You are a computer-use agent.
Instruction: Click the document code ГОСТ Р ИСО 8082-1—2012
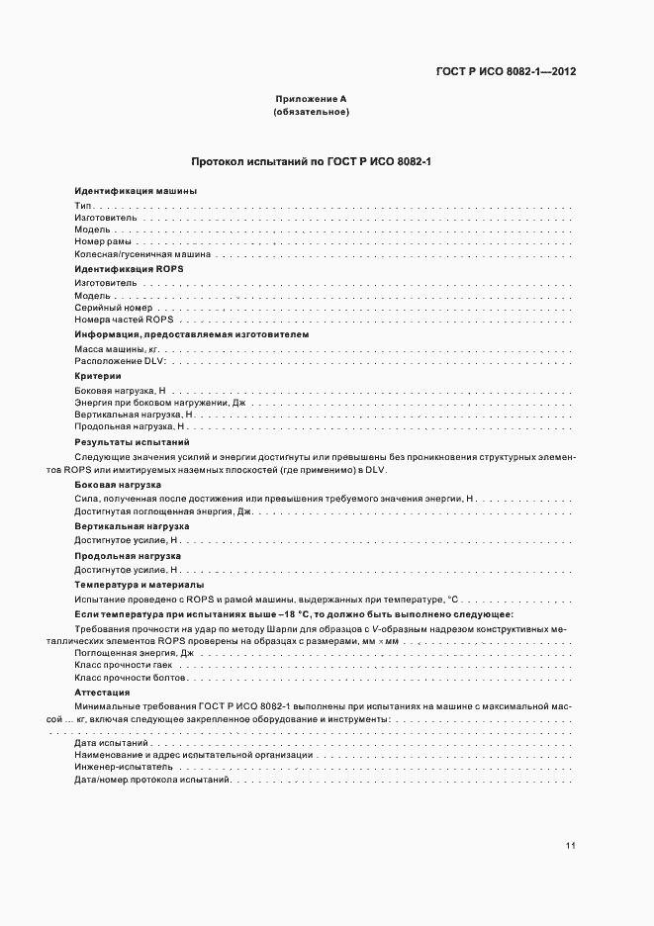coord(506,71)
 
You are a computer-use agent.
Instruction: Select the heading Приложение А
coord(310,99)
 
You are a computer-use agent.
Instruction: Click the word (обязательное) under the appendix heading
coord(311,112)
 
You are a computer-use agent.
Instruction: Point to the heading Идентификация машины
coord(122,191)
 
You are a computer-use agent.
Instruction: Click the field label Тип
coord(82,204)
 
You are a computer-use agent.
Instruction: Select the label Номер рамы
coord(103,241)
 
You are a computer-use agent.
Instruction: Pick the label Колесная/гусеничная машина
coord(142,254)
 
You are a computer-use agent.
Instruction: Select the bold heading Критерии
coord(97,376)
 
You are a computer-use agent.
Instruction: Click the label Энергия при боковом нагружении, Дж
coord(158,403)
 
